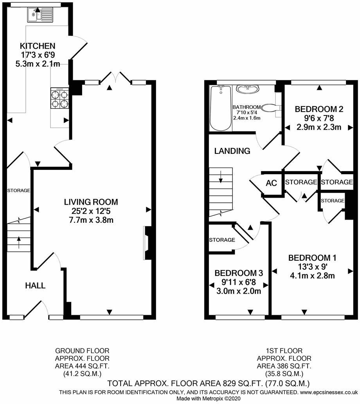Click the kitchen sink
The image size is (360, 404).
click(40, 15)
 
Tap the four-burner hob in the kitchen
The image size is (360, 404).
click(60, 98)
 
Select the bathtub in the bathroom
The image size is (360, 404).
click(220, 108)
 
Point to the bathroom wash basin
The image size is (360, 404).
click(248, 89)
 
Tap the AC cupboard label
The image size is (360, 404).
click(271, 183)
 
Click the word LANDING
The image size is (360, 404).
click(232, 151)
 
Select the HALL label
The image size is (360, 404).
click(35, 285)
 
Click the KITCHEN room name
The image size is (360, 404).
click(38, 46)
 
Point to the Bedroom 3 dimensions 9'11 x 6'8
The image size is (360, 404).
click(239, 282)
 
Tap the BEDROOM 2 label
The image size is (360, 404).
click(319, 109)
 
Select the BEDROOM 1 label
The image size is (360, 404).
click(312, 258)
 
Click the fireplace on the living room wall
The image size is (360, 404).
click(147, 243)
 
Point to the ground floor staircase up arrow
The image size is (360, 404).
click(19, 242)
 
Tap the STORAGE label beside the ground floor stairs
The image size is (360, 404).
click(18, 190)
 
